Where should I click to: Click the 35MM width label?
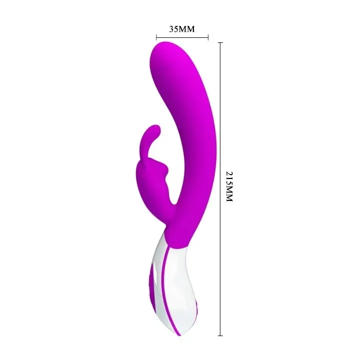click(182, 29)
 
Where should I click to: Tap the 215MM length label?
click(229, 186)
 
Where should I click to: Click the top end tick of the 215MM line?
click(220, 43)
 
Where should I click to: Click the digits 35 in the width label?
click(174, 29)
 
